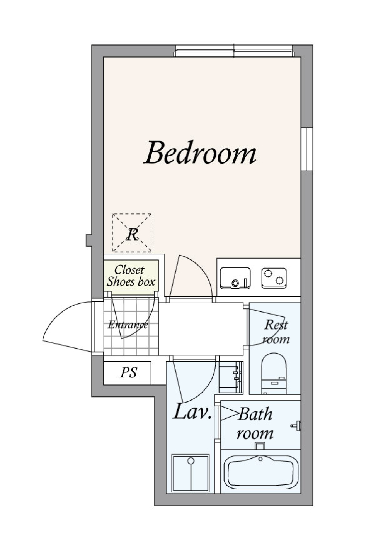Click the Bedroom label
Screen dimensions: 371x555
tap(200, 152)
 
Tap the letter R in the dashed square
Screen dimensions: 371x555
tap(132, 234)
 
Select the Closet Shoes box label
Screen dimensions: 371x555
tap(131, 276)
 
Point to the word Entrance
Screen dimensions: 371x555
tap(128, 325)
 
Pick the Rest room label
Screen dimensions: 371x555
tap(276, 332)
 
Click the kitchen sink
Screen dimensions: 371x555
tap(235, 278)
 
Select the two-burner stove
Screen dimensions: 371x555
tap(274, 278)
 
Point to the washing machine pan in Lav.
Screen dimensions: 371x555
tap(191, 473)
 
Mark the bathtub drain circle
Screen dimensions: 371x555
tap(260, 459)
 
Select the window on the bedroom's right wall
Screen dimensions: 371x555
tap(307, 149)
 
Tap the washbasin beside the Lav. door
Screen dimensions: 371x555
tap(231, 377)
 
